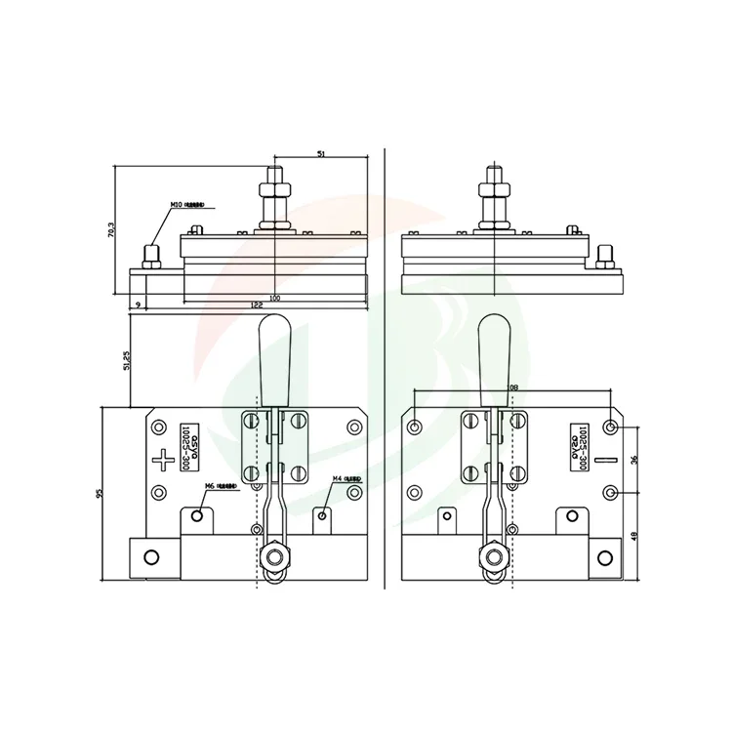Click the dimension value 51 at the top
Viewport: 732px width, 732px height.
click(321, 152)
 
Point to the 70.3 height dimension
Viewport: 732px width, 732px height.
click(111, 230)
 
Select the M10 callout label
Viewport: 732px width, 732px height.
click(179, 205)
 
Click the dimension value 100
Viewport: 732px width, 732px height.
click(274, 297)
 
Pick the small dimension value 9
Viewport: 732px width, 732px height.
click(138, 305)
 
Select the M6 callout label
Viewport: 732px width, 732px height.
click(209, 485)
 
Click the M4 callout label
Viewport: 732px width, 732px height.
click(338, 479)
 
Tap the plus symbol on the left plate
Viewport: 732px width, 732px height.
click(161, 456)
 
